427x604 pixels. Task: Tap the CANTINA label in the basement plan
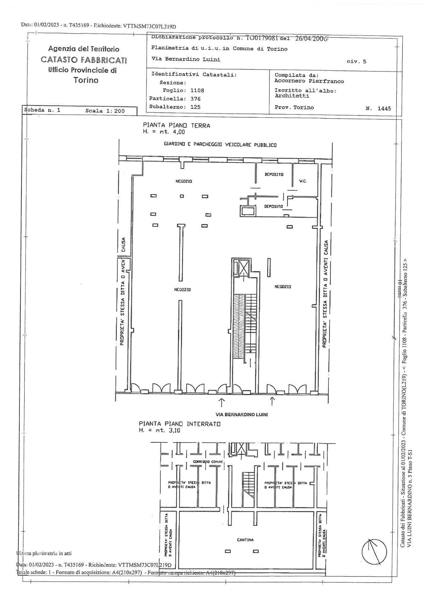[x=245, y=540]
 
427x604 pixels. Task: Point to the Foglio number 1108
[x=197, y=91]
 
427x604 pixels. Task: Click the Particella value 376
[x=195, y=99]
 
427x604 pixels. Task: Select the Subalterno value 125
[x=195, y=107]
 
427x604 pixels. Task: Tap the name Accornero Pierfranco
[x=309, y=81]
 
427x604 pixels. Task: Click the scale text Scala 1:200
[x=105, y=111]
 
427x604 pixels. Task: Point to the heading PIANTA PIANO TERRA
[x=176, y=126]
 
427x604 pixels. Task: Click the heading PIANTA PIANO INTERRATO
[x=179, y=424]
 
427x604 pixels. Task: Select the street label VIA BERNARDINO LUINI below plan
[x=241, y=415]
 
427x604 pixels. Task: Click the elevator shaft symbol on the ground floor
[x=243, y=268]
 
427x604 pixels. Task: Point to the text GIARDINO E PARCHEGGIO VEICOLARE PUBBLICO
[x=220, y=145]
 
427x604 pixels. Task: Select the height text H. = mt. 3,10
[x=160, y=431]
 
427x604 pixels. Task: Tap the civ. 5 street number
[x=356, y=62]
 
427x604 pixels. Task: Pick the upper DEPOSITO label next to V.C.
[x=273, y=174]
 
